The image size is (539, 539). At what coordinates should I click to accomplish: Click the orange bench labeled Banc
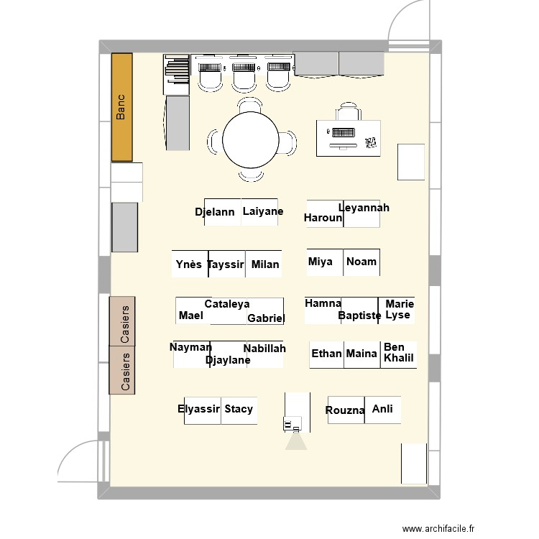click(x=122, y=107)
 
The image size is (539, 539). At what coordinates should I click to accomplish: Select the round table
click(x=251, y=140)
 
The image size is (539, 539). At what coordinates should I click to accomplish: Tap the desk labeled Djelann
click(x=223, y=212)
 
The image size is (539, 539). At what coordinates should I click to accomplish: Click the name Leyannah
click(x=364, y=208)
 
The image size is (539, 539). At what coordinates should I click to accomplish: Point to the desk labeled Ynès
click(x=190, y=264)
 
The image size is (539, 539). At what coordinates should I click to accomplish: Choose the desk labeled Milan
click(x=264, y=264)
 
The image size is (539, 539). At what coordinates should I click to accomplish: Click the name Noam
click(x=361, y=262)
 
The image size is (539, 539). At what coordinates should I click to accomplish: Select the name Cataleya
click(x=227, y=304)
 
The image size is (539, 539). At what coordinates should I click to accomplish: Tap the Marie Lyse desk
click(x=396, y=310)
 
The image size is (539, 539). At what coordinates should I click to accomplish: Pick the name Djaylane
click(x=228, y=360)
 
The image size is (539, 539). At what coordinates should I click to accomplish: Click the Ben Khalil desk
click(x=399, y=355)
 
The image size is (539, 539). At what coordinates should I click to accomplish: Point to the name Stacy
click(x=239, y=409)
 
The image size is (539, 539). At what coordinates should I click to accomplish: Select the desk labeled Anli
click(x=382, y=410)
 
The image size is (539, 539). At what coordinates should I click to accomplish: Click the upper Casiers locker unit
click(x=122, y=321)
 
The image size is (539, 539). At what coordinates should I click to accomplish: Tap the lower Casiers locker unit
click(x=122, y=370)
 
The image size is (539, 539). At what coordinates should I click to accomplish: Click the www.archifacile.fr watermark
click(x=438, y=528)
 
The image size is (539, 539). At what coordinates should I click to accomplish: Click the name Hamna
click(x=323, y=303)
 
